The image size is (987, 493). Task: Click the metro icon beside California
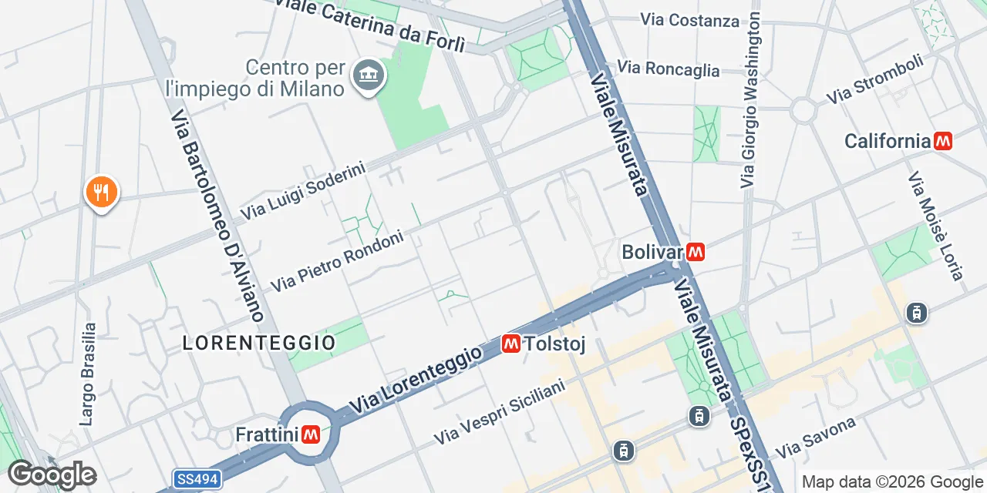(x=942, y=141)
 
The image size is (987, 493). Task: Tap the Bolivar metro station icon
(x=696, y=252)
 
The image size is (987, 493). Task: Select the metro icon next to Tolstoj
(x=510, y=344)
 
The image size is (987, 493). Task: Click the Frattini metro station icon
(x=312, y=435)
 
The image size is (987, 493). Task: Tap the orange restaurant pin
(x=101, y=191)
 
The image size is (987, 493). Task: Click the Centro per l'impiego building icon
(x=368, y=75)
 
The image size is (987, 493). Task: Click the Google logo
(x=52, y=475)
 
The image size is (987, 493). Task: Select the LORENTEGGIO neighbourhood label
(x=259, y=343)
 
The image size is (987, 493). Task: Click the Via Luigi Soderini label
(x=302, y=189)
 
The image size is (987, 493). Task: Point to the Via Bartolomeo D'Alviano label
(x=218, y=215)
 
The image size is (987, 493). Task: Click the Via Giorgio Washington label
(x=750, y=100)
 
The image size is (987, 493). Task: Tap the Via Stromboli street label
(x=874, y=79)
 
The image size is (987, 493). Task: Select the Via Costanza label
(x=689, y=20)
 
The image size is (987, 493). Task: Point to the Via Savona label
(x=817, y=437)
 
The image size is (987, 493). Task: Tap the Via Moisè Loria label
(x=935, y=225)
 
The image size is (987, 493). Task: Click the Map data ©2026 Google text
(x=893, y=482)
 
